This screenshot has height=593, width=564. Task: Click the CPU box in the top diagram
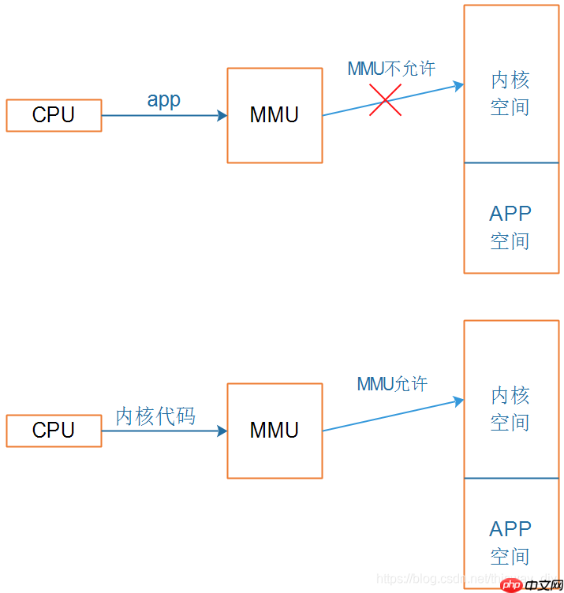click(x=54, y=115)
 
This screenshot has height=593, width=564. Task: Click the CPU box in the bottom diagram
click(x=54, y=431)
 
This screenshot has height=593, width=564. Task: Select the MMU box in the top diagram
click(x=275, y=115)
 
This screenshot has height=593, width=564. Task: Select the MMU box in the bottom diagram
click(x=275, y=431)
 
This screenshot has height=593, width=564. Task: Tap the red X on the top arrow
click(x=385, y=100)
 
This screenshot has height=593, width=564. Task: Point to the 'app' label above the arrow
click(x=163, y=100)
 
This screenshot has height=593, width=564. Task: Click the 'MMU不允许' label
click(x=391, y=69)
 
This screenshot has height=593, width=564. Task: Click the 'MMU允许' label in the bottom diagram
click(x=392, y=384)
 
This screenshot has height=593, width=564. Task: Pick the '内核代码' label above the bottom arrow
click(x=155, y=416)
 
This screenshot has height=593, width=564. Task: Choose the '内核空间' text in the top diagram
click(x=510, y=93)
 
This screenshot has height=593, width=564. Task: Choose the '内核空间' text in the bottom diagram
click(x=510, y=408)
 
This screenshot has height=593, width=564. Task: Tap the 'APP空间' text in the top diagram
click(x=510, y=227)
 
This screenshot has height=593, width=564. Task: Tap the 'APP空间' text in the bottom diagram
click(x=510, y=543)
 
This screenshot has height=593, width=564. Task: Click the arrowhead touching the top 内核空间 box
click(x=458, y=86)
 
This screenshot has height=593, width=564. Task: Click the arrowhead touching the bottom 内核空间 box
click(x=458, y=401)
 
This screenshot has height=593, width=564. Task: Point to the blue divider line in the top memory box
click(x=511, y=163)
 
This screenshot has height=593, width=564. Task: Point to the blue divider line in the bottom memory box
click(x=511, y=479)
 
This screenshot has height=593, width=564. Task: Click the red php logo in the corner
click(x=512, y=584)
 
